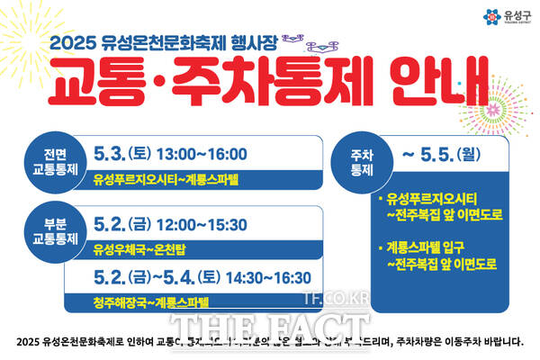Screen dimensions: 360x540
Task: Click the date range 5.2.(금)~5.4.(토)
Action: [x=157, y=277]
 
